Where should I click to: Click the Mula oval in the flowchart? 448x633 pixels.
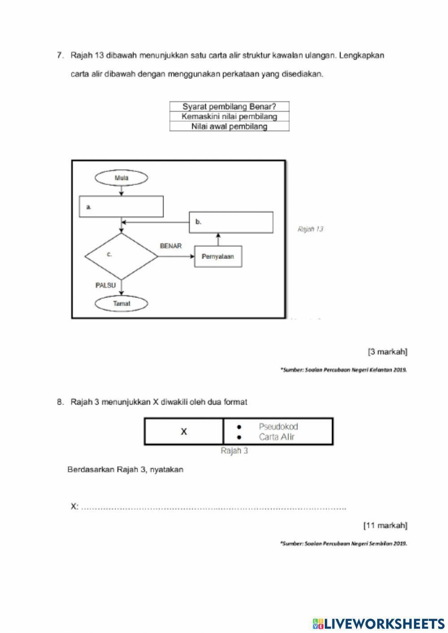click(121, 178)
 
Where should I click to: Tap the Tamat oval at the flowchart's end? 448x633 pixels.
click(121, 303)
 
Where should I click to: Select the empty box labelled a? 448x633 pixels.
click(121, 207)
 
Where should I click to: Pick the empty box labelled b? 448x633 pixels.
click(231, 222)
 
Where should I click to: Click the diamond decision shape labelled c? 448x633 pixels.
click(121, 256)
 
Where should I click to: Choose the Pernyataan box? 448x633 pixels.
click(218, 257)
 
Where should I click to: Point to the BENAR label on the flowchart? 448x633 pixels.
click(171, 246)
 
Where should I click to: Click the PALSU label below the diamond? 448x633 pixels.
click(105, 285)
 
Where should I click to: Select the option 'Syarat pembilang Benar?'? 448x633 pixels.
click(229, 107)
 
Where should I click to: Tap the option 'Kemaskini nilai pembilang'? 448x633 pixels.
click(229, 116)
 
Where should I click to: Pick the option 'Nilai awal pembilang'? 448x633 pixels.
click(229, 126)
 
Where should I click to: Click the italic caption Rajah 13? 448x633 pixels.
click(310, 229)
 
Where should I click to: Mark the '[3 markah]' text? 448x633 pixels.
click(388, 352)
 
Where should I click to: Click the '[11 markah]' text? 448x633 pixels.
click(385, 525)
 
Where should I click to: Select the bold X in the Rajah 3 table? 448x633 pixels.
click(184, 432)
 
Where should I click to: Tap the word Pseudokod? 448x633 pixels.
click(278, 427)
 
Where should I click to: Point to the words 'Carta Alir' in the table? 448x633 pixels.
click(276, 437)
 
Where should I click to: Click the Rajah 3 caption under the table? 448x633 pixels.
click(234, 451)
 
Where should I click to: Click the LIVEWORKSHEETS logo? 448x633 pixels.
click(379, 623)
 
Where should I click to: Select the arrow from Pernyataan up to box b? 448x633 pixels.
click(218, 239)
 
